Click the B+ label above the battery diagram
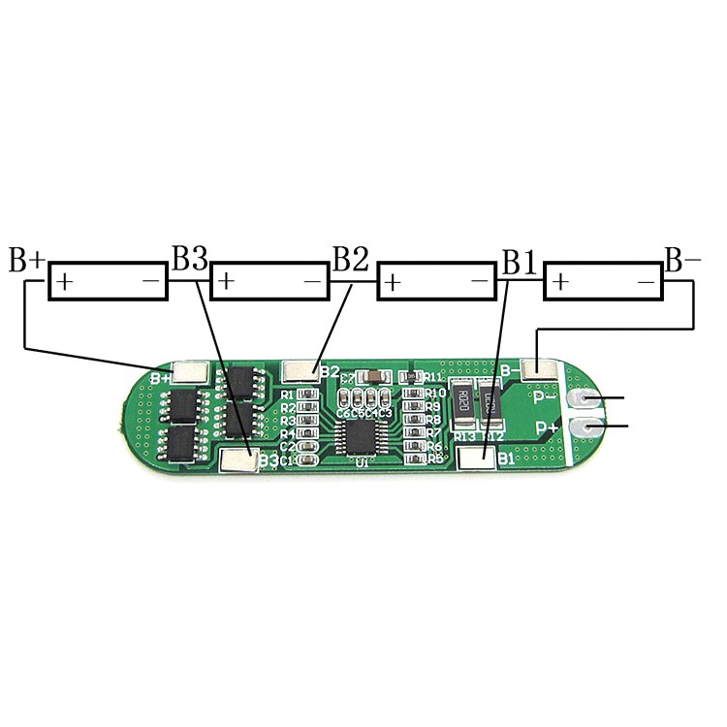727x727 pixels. pyautogui.click(x=26, y=260)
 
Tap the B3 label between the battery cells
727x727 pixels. pyautogui.click(x=190, y=259)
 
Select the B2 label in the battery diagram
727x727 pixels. pyautogui.click(x=351, y=259)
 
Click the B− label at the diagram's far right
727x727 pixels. pyautogui.click(x=682, y=259)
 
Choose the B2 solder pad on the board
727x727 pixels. pyautogui.click(x=301, y=370)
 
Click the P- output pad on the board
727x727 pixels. pyautogui.click(x=585, y=399)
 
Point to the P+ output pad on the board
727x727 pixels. pyautogui.click(x=585, y=427)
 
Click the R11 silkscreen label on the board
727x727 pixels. pyautogui.click(x=431, y=377)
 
